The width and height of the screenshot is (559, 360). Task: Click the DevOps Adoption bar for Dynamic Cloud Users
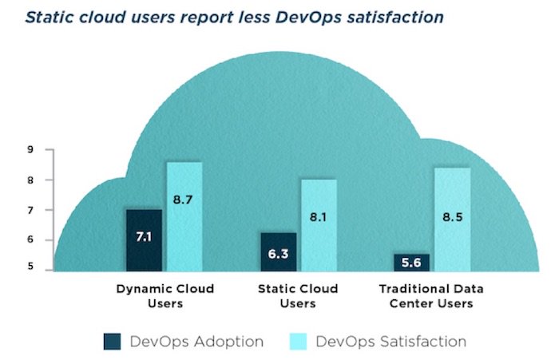tap(144, 240)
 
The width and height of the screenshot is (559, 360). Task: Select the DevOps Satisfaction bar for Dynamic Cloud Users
tap(184, 216)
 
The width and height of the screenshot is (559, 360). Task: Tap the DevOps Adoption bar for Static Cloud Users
tap(278, 252)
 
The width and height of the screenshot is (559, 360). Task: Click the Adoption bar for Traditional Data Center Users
tap(411, 263)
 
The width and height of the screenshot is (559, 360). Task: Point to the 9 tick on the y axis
tap(30, 150)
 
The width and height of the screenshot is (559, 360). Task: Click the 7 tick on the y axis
tap(30, 210)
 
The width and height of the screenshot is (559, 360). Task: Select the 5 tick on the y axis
tap(30, 267)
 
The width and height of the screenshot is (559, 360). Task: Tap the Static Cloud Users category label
tap(298, 295)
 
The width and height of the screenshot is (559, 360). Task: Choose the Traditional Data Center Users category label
tap(431, 295)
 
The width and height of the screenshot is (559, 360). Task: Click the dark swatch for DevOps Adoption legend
tap(113, 342)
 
